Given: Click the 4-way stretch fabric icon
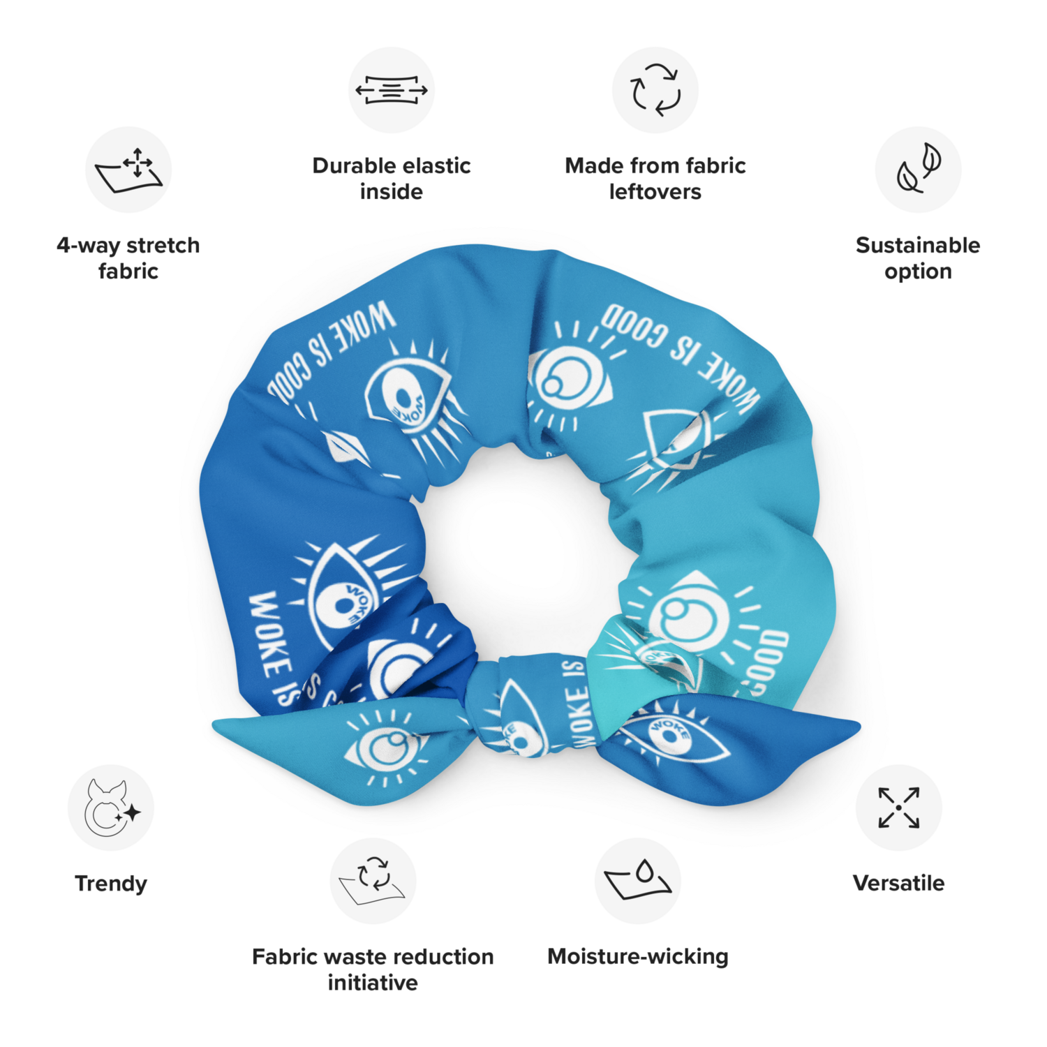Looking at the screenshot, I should tap(128, 170).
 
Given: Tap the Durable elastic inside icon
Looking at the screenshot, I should tap(392, 90).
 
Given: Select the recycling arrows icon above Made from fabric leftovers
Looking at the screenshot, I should tap(655, 90).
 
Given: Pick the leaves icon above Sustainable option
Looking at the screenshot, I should tap(919, 170).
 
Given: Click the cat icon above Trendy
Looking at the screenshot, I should tap(111, 808).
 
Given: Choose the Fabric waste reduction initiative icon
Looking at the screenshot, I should tap(373, 881).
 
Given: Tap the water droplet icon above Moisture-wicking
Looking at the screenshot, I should tap(638, 881).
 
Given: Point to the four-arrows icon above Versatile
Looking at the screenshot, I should tap(899, 808).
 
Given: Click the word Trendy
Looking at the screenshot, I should tap(111, 884).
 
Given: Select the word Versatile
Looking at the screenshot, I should tap(899, 883).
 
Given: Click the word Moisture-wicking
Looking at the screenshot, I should tap(638, 956).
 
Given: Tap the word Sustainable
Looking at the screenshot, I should tap(918, 245).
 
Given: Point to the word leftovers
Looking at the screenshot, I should tap(655, 192).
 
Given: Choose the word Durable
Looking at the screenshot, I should tap(353, 165).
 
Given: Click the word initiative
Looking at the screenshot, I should tap(373, 983).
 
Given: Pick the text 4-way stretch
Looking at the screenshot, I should tap(128, 246).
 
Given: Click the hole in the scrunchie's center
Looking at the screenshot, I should tap(520, 551).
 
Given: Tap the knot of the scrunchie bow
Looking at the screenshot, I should tap(534, 705).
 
